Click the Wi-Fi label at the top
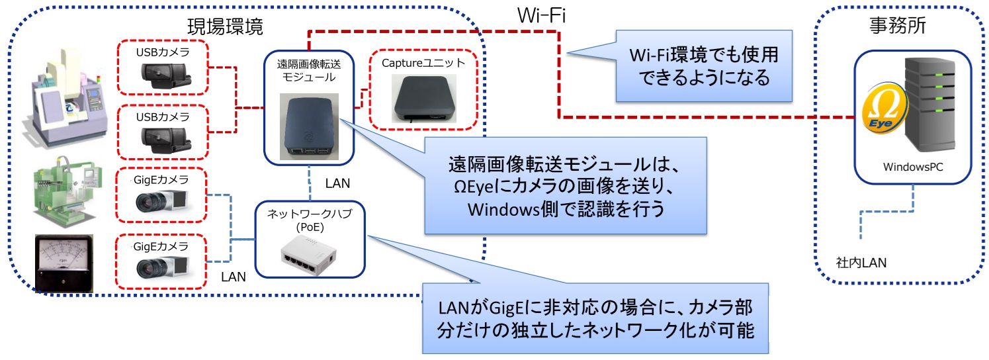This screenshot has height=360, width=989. tap(541, 15)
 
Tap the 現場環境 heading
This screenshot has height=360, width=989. tap(226, 27)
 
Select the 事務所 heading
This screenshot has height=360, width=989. tap(896, 26)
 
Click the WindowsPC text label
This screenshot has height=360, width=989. tap(912, 168)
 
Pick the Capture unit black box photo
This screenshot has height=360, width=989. tap(423, 97)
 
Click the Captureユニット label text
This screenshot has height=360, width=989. tap(424, 63)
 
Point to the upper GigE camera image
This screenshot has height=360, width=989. tap(163, 199)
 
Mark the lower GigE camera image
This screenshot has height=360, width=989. tap(163, 265)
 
